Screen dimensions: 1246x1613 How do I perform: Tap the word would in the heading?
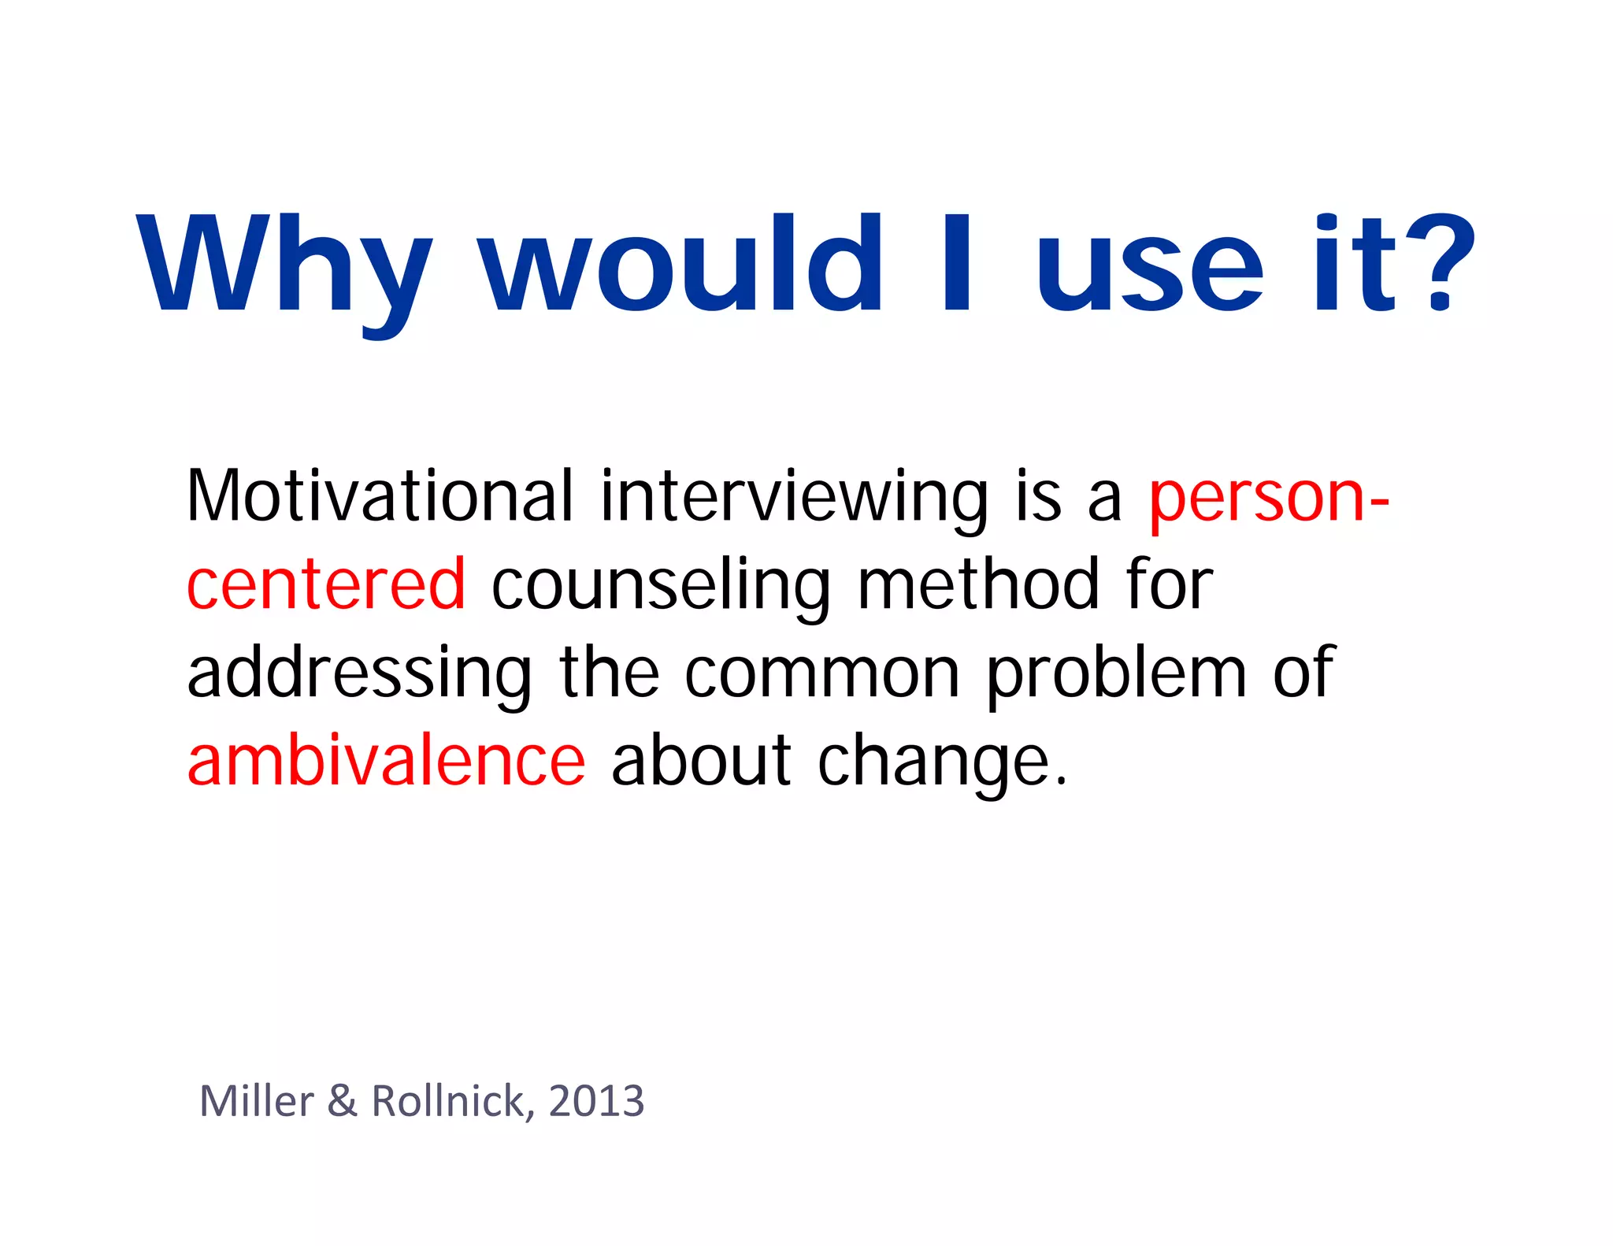[681, 264]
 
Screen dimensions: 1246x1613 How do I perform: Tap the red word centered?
[326, 584]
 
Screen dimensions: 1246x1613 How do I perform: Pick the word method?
[977, 584]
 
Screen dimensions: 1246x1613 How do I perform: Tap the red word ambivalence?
[386, 761]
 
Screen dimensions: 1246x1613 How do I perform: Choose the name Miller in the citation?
[257, 1101]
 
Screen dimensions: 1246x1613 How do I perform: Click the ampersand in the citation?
[342, 1101]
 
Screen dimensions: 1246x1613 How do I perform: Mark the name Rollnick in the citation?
[448, 1101]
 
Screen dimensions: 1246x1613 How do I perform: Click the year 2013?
[596, 1101]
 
